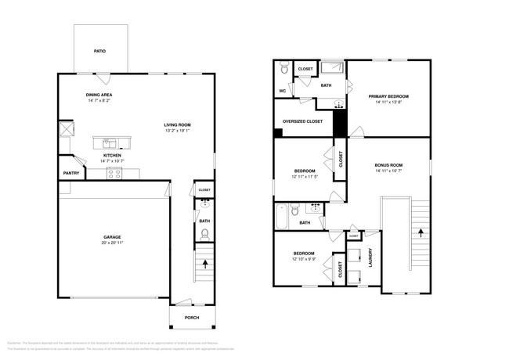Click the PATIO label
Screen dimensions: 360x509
(99, 51)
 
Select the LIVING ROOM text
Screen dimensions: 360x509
(178, 124)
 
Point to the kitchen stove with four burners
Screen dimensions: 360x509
(115, 174)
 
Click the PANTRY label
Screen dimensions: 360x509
(70, 174)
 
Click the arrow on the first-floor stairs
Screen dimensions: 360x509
(205, 265)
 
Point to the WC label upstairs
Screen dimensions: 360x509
(282, 91)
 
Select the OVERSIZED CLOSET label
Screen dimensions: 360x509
(302, 121)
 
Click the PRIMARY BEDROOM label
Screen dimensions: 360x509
(388, 96)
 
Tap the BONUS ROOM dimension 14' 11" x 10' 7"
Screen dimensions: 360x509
(388, 171)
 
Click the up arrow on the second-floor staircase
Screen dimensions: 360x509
(421, 232)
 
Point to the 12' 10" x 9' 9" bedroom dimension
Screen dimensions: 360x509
(304, 259)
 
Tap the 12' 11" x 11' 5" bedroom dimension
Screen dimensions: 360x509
(305, 176)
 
